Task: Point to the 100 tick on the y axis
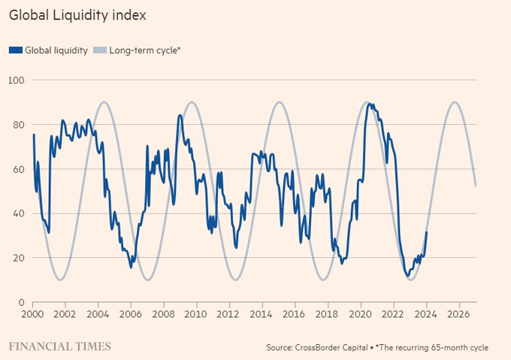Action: (17, 80)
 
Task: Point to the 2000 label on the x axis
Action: (33, 314)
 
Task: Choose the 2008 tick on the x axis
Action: (164, 314)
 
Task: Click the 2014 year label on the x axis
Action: (262, 314)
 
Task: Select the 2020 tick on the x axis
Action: (361, 314)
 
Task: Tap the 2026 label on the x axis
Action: (459, 314)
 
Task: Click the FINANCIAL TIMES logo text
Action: (60, 346)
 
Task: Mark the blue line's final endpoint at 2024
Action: (427, 232)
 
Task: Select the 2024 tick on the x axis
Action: (426, 314)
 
